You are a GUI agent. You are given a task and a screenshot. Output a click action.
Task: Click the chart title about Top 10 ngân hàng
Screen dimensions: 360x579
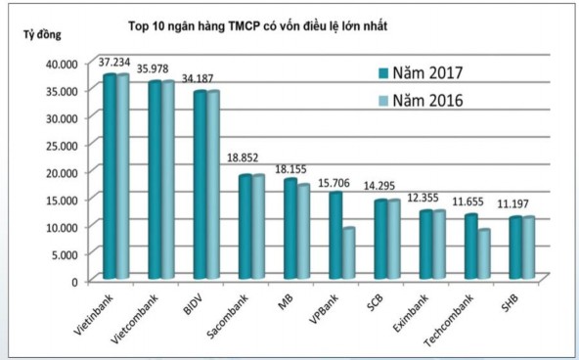pyautogui.click(x=258, y=26)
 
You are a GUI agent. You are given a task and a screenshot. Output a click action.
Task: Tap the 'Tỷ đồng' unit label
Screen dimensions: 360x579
pyautogui.click(x=41, y=35)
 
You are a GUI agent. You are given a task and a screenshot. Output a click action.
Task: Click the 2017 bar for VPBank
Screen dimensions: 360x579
pyautogui.click(x=335, y=235)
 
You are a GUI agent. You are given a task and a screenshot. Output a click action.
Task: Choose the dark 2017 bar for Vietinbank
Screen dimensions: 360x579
pyautogui.click(x=110, y=176)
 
